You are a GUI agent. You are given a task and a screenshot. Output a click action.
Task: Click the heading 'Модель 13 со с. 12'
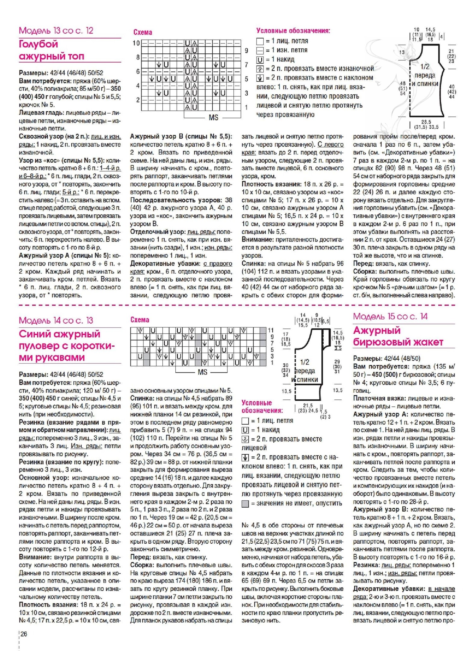(x=56, y=31)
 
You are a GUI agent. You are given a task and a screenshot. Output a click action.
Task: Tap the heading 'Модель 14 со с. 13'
(x=56, y=320)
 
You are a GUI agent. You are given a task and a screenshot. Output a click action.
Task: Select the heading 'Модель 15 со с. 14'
(x=390, y=316)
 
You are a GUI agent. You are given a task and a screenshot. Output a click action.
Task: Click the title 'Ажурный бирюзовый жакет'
(x=398, y=336)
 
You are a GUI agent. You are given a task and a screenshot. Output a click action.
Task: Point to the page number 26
(x=24, y=634)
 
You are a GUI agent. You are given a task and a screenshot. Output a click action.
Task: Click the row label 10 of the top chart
(x=136, y=43)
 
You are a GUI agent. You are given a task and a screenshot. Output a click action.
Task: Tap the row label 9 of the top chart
(x=246, y=51)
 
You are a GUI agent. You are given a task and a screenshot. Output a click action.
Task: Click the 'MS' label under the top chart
(x=214, y=117)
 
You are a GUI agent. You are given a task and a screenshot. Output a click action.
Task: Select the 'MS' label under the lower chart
(x=202, y=372)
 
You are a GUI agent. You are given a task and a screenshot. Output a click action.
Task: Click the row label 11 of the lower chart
(x=271, y=330)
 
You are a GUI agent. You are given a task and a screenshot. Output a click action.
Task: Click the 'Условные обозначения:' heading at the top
(x=293, y=31)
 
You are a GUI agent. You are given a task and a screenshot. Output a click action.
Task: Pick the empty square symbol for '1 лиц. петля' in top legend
(x=260, y=41)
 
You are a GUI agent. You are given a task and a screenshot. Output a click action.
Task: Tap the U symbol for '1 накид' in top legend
(x=260, y=60)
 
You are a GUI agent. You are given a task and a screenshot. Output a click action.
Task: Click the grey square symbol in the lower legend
(x=245, y=504)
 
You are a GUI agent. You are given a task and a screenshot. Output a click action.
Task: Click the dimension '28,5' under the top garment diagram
(x=426, y=122)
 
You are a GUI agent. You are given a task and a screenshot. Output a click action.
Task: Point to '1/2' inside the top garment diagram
(x=425, y=67)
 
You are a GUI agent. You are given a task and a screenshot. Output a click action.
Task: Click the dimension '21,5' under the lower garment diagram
(x=308, y=405)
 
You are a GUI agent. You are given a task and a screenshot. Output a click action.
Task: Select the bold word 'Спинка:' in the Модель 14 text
(x=141, y=398)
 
